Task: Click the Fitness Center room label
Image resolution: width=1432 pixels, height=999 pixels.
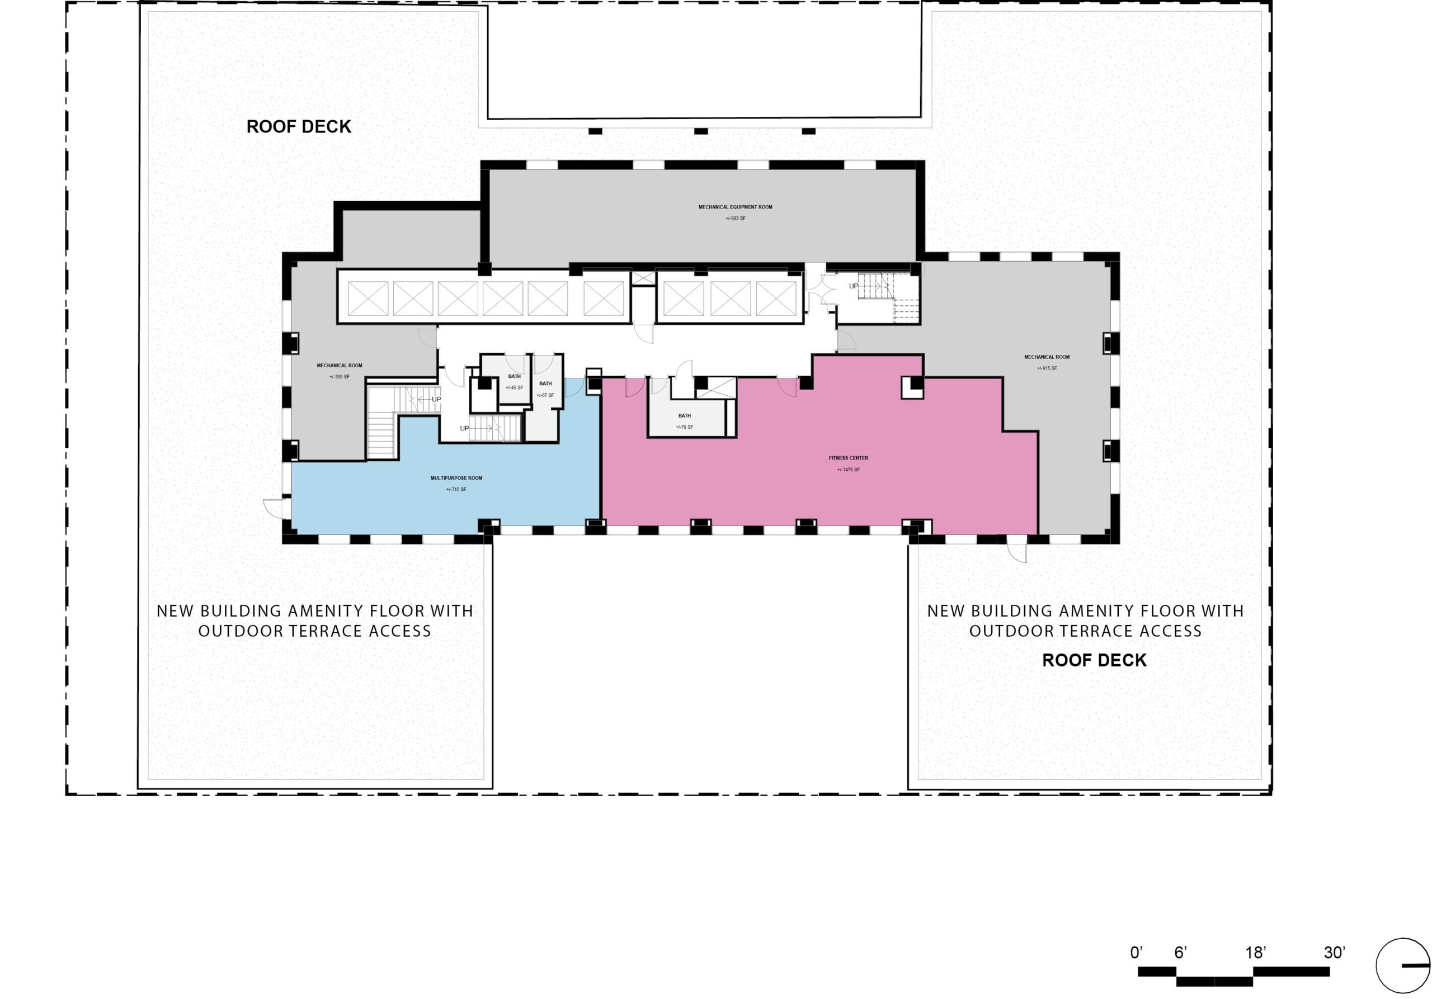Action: click(x=848, y=458)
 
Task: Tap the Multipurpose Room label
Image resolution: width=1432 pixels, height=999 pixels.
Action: click(x=456, y=478)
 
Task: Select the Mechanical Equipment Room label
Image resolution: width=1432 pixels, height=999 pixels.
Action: click(x=736, y=207)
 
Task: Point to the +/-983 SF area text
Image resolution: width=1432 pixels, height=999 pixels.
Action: click(x=736, y=219)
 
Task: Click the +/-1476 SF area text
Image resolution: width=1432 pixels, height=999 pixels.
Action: click(x=848, y=469)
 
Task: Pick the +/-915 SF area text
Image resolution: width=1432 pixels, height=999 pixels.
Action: click(x=1047, y=368)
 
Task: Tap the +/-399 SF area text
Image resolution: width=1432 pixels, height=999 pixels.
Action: click(x=340, y=377)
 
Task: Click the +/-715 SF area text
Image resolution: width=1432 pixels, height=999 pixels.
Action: click(x=456, y=490)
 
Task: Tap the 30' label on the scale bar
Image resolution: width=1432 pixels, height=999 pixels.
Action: click(x=1335, y=952)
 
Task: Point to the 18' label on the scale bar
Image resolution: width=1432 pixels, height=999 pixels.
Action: click(x=1255, y=952)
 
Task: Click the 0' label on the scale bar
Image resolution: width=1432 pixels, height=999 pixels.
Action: click(x=1136, y=952)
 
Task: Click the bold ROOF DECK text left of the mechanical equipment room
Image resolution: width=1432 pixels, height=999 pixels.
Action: click(x=299, y=126)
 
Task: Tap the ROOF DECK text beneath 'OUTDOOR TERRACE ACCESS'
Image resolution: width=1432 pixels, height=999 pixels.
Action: click(x=1095, y=661)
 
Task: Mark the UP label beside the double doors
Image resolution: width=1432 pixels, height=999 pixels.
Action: click(x=853, y=286)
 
